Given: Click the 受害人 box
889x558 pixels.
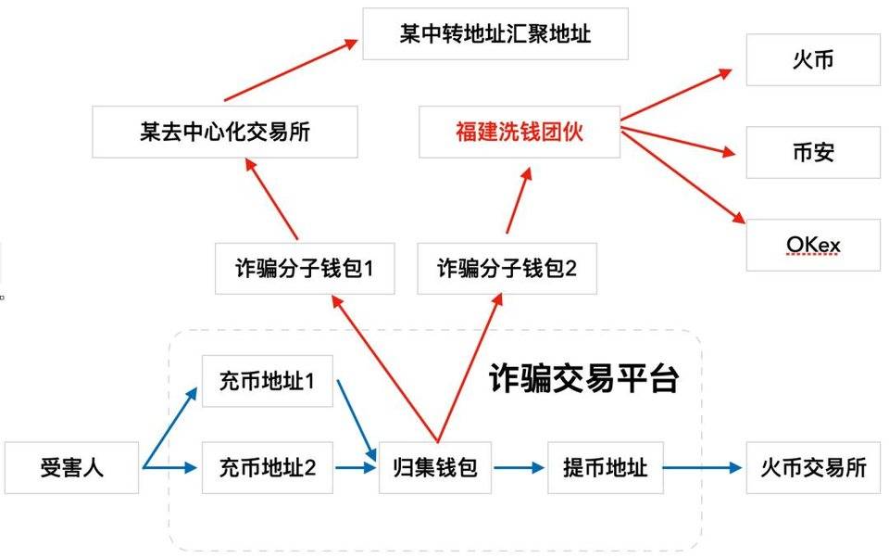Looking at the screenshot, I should (x=72, y=468).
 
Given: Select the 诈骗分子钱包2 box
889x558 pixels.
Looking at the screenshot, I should (x=507, y=270).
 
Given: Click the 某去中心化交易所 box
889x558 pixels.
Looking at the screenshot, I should (x=225, y=132).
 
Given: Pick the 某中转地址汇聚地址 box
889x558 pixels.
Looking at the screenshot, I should (x=495, y=35).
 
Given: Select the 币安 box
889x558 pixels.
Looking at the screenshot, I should (x=812, y=151).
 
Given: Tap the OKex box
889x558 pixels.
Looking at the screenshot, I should (x=812, y=244).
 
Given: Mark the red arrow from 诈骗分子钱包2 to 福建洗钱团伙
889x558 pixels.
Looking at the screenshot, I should (x=519, y=201).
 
